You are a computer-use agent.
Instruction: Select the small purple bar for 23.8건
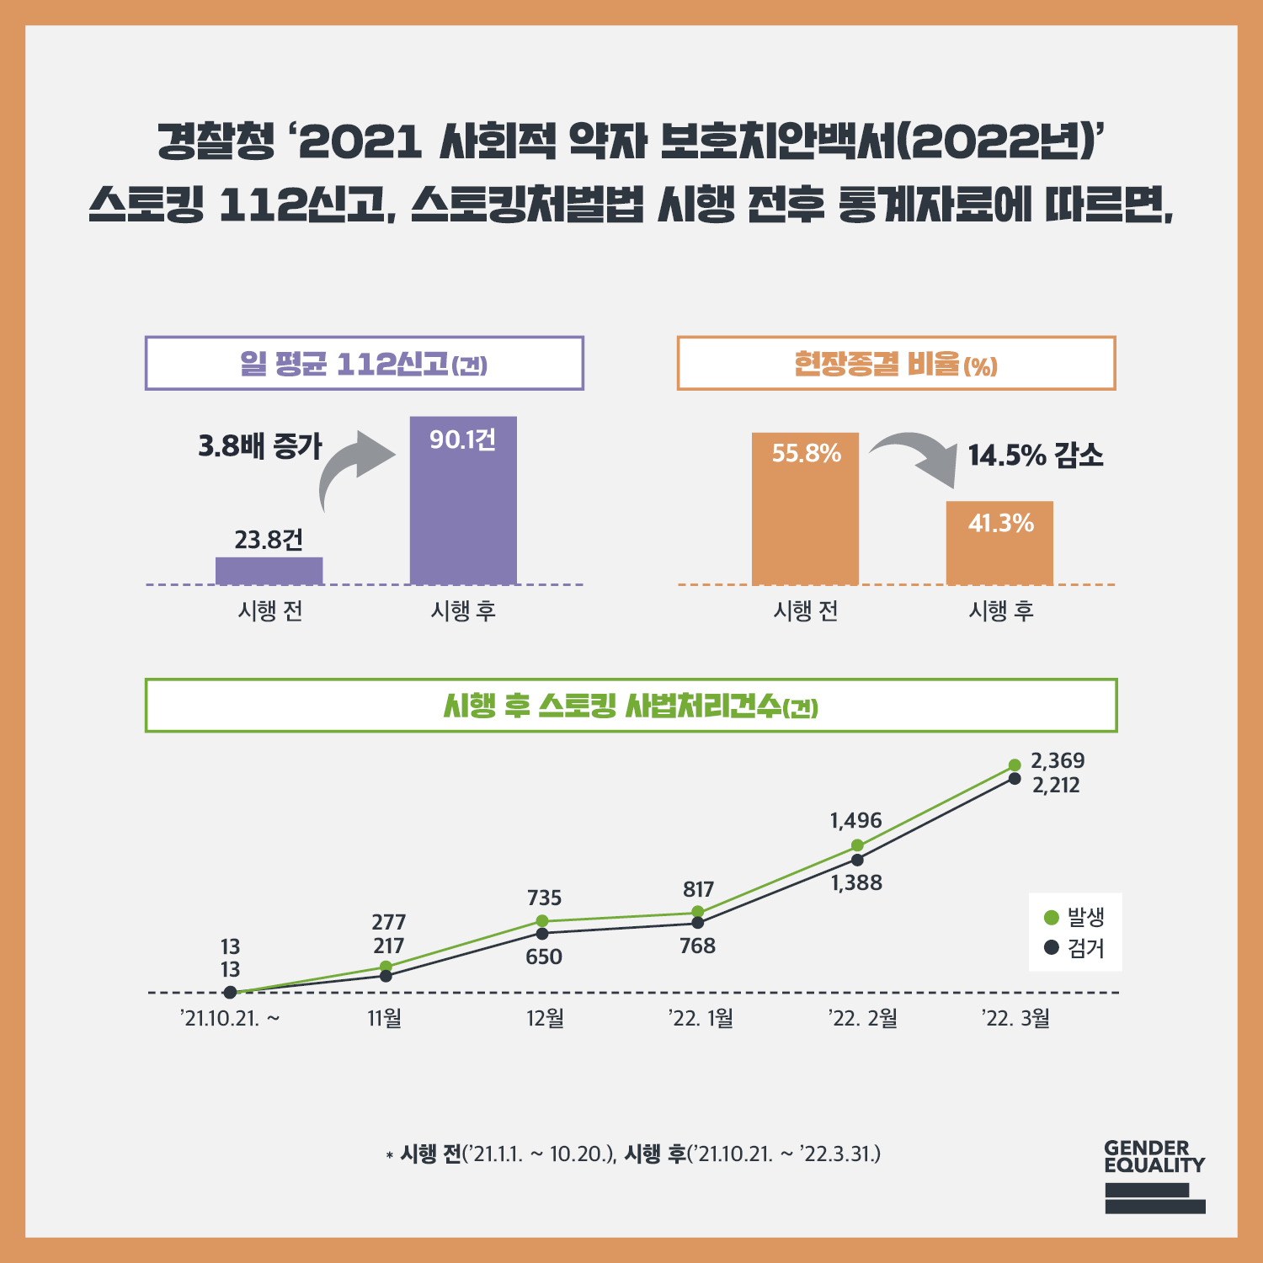coord(269,570)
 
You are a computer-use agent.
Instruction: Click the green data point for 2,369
coord(1015,765)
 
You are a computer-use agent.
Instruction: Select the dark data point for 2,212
coord(1015,779)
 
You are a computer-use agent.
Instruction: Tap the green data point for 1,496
coord(857,845)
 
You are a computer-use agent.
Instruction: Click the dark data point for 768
coord(698,923)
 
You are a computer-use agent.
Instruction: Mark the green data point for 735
coord(542,921)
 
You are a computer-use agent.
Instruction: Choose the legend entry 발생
coord(1075,917)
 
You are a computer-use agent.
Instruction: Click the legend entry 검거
coord(1075,948)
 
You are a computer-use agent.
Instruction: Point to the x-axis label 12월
coord(545,1019)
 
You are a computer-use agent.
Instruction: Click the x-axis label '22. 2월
coord(863,1019)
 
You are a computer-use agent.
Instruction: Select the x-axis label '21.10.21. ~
coord(230,1019)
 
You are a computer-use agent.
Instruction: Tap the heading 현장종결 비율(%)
coord(896,364)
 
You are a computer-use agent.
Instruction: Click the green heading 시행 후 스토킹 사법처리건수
coord(631,706)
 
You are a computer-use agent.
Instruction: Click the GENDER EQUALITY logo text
coord(1154,1157)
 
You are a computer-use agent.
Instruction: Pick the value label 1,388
coord(857,883)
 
